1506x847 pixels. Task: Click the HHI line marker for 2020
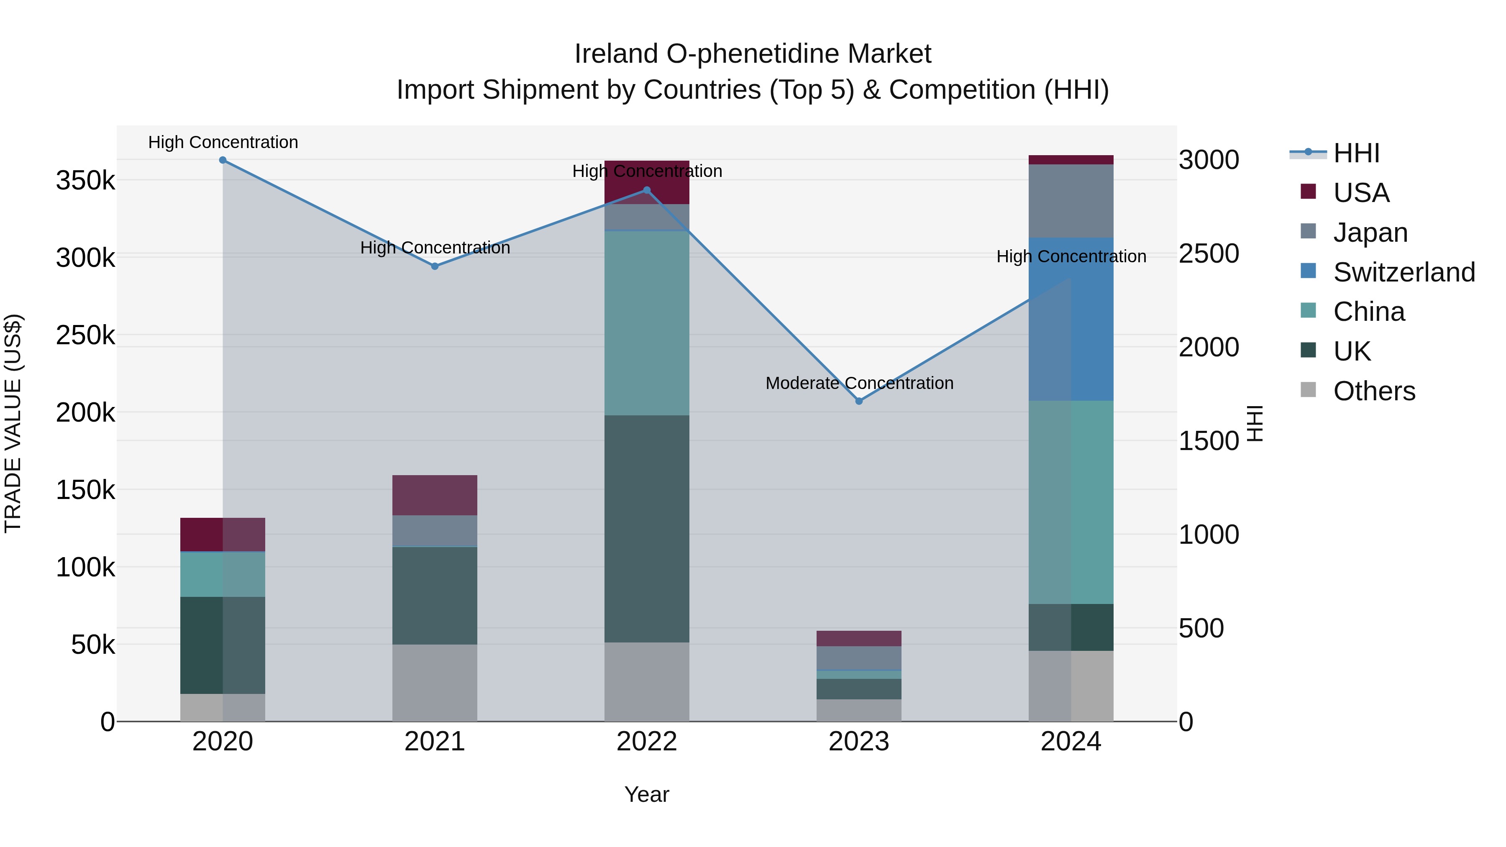pyautogui.click(x=223, y=160)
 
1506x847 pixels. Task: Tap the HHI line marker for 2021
pyautogui.click(x=435, y=266)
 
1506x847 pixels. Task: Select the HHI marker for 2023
pyautogui.click(x=859, y=401)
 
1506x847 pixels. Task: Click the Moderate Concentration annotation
pyautogui.click(x=859, y=384)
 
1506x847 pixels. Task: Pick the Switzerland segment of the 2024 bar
pyautogui.click(x=1071, y=319)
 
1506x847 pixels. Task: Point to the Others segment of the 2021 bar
pyautogui.click(x=435, y=682)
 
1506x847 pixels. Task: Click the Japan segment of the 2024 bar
pyautogui.click(x=1071, y=201)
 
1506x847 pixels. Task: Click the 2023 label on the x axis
pyautogui.click(x=859, y=742)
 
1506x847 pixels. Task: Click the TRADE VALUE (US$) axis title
pyautogui.click(x=13, y=423)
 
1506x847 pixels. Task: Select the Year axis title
pyautogui.click(x=647, y=794)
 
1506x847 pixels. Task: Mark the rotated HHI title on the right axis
pyautogui.click(x=1255, y=423)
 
